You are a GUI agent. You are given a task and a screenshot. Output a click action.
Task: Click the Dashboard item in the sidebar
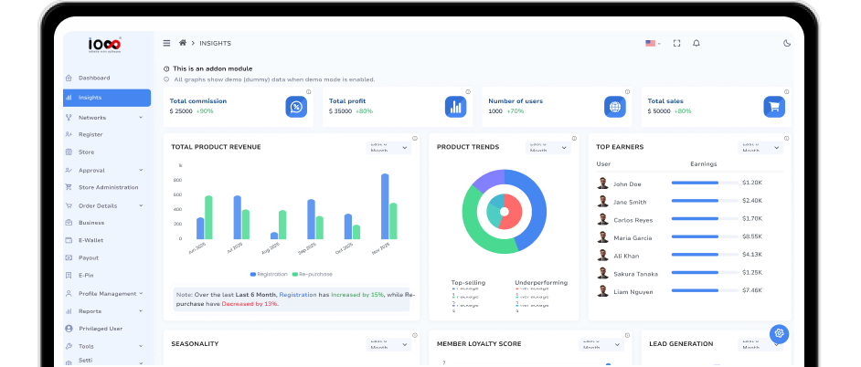(94, 78)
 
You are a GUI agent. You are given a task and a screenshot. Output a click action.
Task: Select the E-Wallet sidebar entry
(92, 240)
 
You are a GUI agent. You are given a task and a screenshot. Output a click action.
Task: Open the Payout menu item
(89, 257)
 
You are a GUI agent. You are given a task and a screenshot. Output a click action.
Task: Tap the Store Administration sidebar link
(108, 187)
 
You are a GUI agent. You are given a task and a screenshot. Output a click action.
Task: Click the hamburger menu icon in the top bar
(166, 43)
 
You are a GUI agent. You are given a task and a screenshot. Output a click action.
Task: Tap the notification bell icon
(696, 43)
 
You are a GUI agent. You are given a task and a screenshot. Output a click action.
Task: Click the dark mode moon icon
(787, 43)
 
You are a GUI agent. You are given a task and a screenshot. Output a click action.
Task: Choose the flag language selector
(653, 43)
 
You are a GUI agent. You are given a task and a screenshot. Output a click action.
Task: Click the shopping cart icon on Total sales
(774, 107)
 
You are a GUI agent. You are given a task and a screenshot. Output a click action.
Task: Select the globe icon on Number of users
(614, 107)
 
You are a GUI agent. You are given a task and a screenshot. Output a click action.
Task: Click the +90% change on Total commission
(205, 111)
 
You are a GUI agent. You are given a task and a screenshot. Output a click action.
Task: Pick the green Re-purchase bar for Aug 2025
(282, 225)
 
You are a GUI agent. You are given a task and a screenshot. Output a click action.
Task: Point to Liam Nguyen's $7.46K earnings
(752, 290)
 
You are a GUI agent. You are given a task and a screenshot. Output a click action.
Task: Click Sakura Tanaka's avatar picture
(603, 273)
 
